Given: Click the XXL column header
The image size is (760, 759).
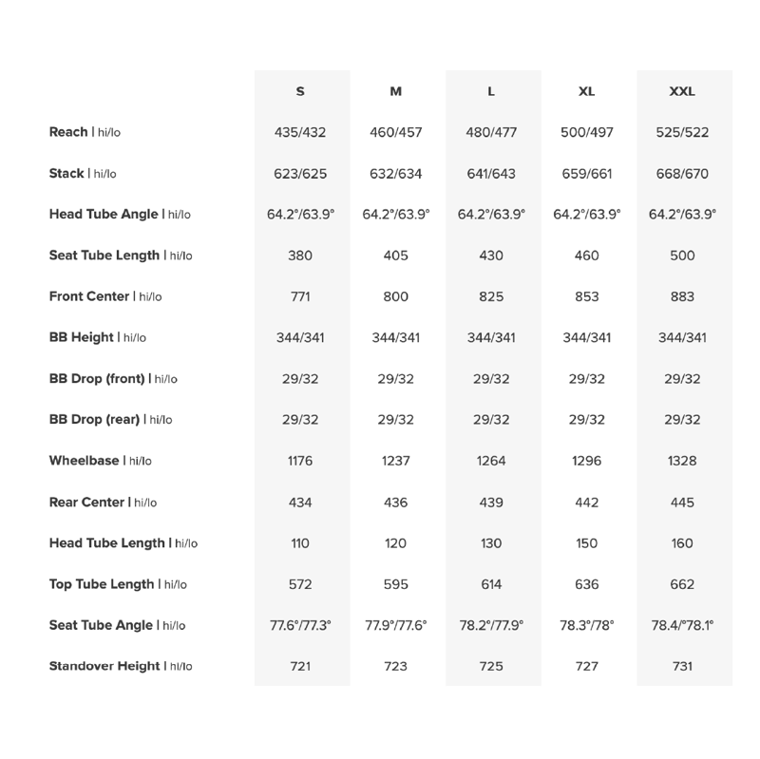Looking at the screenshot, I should click(x=682, y=92).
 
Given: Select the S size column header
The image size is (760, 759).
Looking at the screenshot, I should click(x=300, y=92).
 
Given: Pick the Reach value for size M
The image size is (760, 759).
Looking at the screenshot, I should click(x=395, y=133).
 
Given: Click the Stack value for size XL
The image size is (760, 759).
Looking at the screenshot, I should click(x=587, y=174).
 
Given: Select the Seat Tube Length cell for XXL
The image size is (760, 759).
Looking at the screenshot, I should click(x=682, y=256).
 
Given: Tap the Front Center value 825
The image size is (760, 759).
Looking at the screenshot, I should click(x=491, y=296).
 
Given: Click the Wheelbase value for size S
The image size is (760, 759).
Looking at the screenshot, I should click(x=300, y=461).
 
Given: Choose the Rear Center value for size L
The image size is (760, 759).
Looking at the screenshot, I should click(x=491, y=503).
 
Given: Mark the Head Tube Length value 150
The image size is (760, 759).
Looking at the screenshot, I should click(x=587, y=543).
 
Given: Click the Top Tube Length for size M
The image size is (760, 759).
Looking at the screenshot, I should click(x=395, y=584).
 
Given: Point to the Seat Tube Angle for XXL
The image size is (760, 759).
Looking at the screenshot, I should click(x=682, y=625).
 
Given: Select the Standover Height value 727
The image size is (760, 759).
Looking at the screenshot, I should click(x=587, y=667).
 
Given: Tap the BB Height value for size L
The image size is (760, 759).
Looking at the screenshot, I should click(x=491, y=337).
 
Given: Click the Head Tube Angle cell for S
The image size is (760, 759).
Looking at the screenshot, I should click(x=300, y=215).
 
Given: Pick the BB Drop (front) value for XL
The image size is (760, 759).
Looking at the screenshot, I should click(x=587, y=379).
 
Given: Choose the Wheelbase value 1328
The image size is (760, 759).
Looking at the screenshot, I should click(x=682, y=461).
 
